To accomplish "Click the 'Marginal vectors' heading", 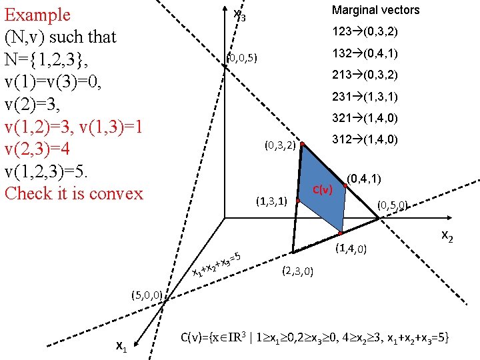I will coord(375,10).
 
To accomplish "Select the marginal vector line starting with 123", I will coord(365,32).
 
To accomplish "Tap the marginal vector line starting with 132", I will coord(365,53).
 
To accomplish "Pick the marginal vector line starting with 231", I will coord(365,97).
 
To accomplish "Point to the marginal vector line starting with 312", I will coord(365,140).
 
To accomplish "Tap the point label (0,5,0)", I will coord(393,205).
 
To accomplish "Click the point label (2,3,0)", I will coord(298,271).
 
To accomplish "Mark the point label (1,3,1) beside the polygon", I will coord(271,200).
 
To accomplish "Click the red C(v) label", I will coord(322,190).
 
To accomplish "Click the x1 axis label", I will coord(121,345).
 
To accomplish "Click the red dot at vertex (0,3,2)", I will coord(301,144).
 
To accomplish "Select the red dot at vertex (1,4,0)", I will coord(340,233).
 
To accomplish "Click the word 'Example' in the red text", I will coord(37,15).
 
